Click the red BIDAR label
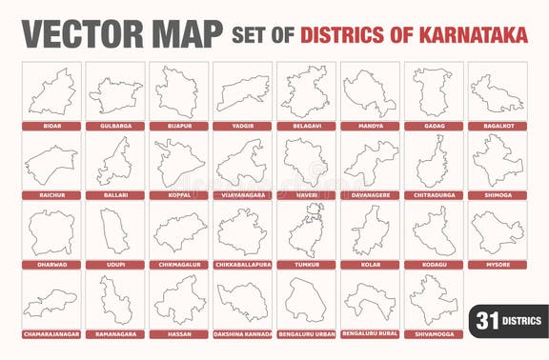point(51,126)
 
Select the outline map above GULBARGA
point(115,93)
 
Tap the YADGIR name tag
point(242,126)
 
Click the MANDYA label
point(369,126)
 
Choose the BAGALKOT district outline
point(496,93)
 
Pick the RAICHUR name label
point(51,195)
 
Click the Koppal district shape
point(178,162)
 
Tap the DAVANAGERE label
point(369,195)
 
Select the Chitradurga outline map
point(432,162)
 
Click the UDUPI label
point(115,265)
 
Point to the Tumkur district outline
point(305,231)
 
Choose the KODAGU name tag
point(432,265)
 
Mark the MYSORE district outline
point(496,231)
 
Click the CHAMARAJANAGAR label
point(51,334)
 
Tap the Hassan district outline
point(178,301)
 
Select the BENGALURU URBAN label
point(305,334)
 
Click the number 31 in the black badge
point(487,321)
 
